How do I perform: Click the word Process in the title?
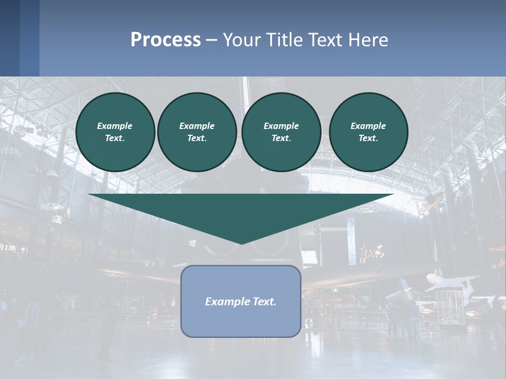(x=166, y=40)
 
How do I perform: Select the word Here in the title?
(x=368, y=40)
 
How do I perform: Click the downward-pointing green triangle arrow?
(x=241, y=211)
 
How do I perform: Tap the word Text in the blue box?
(x=265, y=302)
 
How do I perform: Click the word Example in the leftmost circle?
(x=114, y=126)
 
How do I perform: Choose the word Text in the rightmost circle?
(x=368, y=138)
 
